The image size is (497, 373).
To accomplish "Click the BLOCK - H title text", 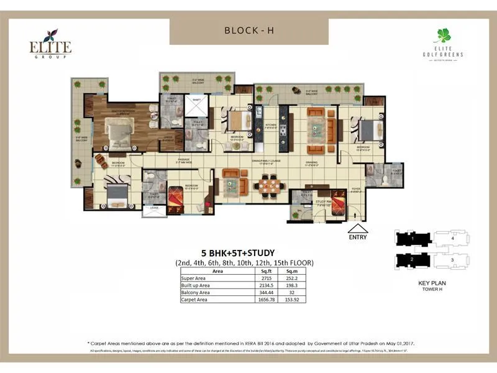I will (x=248, y=31).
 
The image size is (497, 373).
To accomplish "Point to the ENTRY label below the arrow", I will (x=357, y=237).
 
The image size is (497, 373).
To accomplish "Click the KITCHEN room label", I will (x=271, y=124).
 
